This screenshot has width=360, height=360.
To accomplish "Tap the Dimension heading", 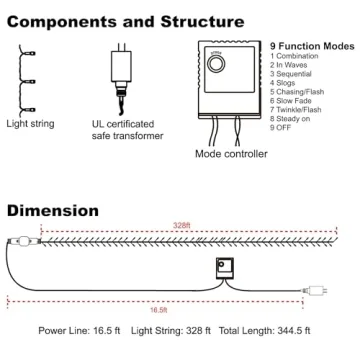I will (52, 211).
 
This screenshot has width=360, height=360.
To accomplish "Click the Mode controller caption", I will (231, 155).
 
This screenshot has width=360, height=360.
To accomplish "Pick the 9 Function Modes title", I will (312, 46).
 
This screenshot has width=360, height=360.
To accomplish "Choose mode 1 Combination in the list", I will (298, 57).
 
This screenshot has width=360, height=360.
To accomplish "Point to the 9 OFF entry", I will (285, 126).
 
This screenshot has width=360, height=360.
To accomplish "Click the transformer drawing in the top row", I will (123, 70).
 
